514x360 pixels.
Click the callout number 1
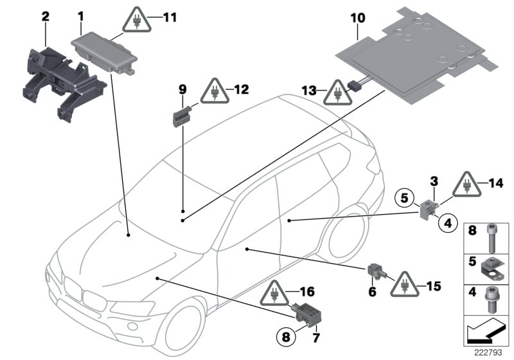point(80,14)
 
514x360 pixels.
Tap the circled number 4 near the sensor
point(448,223)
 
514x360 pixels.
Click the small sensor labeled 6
point(374,271)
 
